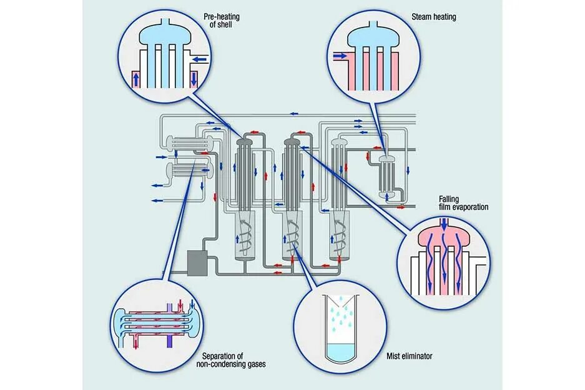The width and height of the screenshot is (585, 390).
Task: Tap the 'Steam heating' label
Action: click(x=434, y=17)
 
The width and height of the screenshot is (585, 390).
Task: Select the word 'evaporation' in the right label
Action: click(x=469, y=207)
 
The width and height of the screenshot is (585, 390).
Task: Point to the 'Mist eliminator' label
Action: click(x=410, y=356)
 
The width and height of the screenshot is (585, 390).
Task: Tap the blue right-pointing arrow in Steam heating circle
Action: click(x=340, y=56)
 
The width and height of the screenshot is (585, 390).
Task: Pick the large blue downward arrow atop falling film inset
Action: click(x=444, y=223)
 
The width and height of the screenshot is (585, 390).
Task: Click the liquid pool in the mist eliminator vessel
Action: click(x=342, y=351)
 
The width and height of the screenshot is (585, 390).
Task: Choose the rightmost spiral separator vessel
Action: click(x=340, y=234)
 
